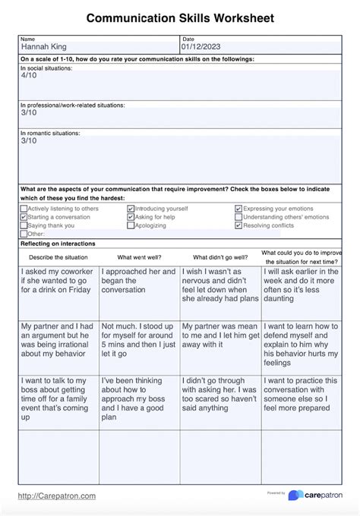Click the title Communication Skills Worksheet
coord(180,17)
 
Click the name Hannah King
coord(43,47)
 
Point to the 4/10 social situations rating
coord(28,76)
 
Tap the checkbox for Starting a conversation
coord(24,217)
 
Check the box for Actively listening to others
coord(24,209)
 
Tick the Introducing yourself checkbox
coord(131,209)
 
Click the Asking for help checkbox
coord(131,217)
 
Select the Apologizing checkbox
coord(131,225)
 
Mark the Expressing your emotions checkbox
coord(238,209)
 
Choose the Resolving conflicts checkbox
coord(238,225)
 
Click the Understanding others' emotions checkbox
coord(238,217)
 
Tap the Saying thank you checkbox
coord(24,225)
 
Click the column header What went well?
coord(139,257)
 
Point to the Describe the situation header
coord(58,257)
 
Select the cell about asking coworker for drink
coord(58,289)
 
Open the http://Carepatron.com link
coord(57,496)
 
